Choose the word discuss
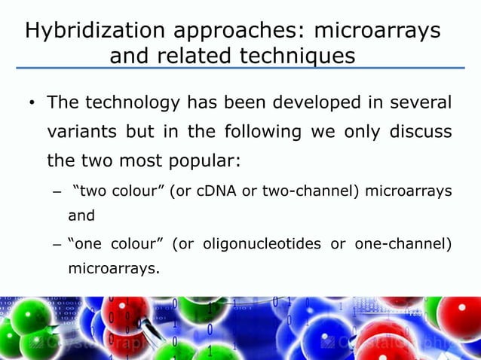[x=421, y=132]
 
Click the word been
[x=230, y=102]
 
